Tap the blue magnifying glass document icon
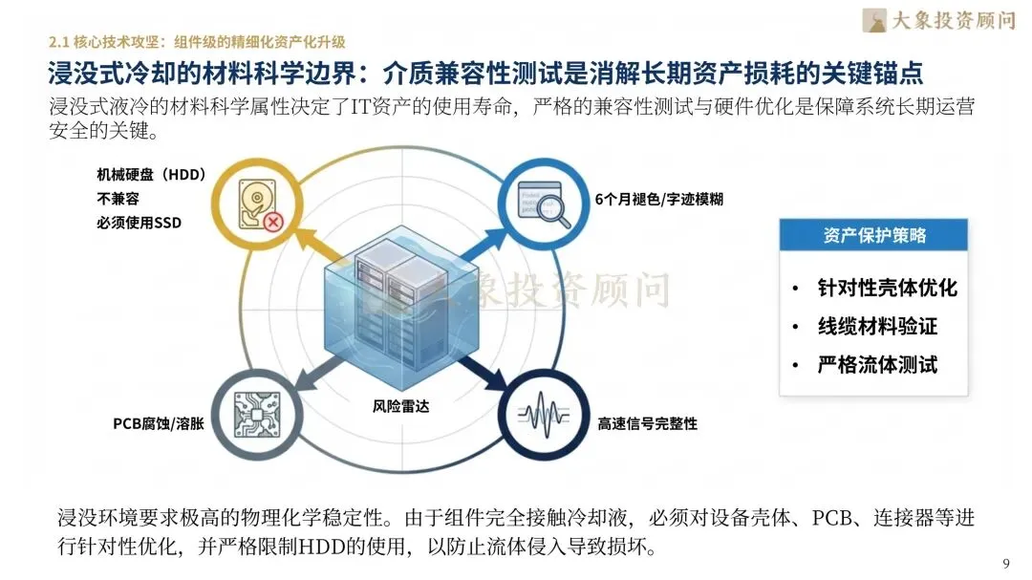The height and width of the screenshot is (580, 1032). [537, 201]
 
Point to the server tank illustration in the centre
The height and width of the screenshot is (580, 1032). [394, 308]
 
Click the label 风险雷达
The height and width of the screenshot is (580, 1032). [400, 407]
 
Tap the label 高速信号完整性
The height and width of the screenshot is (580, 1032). [647, 423]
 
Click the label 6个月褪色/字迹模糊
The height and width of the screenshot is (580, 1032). [658, 200]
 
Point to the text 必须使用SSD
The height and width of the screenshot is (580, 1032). [139, 224]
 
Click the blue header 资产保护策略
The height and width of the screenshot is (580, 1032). [873, 235]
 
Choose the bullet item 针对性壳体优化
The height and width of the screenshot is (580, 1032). [886, 288]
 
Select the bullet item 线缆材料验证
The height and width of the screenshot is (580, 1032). [876, 326]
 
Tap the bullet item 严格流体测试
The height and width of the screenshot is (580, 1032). [876, 364]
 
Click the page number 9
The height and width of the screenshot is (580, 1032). [1005, 562]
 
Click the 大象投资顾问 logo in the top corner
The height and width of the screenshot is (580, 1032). [937, 19]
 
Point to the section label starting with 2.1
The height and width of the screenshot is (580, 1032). [196, 41]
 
